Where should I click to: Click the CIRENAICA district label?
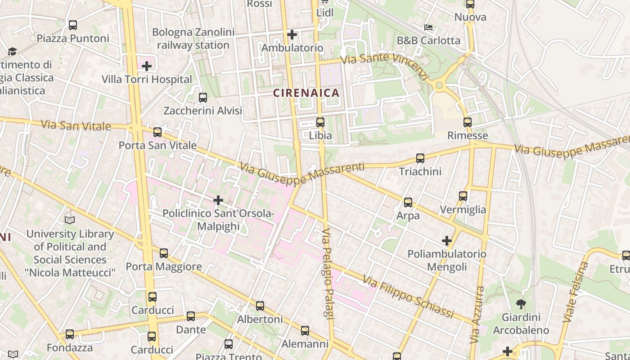(306, 93)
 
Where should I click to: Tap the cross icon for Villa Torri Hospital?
(146, 67)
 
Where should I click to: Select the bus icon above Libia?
(320, 122)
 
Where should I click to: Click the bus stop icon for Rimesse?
(468, 122)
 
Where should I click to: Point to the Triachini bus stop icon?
(420, 158)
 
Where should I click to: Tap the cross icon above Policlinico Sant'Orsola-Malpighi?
(218, 200)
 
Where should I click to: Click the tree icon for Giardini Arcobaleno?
(521, 304)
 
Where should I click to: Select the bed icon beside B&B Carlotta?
(428, 27)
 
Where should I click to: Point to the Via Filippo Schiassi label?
(408, 297)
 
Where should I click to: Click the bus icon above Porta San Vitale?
(157, 132)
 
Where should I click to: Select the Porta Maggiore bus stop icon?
(164, 253)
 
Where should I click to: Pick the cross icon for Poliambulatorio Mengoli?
(446, 241)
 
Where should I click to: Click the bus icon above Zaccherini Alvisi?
(203, 97)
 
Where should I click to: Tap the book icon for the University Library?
(70, 220)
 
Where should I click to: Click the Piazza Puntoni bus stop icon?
(73, 25)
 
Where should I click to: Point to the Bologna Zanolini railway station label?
(193, 39)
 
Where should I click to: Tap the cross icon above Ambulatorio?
(292, 34)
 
